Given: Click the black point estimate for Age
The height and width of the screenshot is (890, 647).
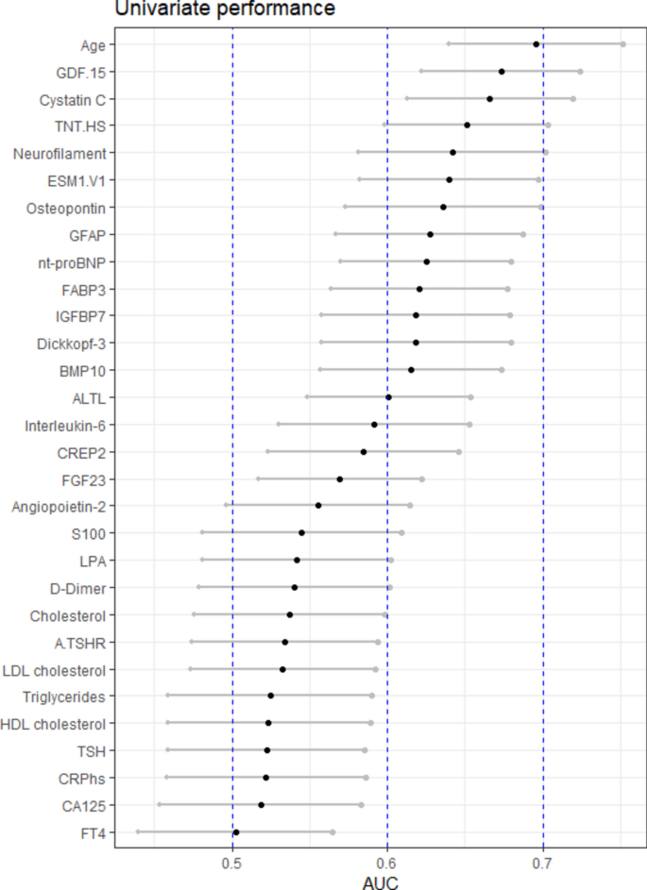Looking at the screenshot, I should (536, 44).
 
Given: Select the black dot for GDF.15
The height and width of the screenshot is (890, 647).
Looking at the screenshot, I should (502, 72).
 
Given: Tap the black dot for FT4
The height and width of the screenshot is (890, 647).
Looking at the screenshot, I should (236, 832).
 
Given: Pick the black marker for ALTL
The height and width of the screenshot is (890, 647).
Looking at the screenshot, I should (388, 397).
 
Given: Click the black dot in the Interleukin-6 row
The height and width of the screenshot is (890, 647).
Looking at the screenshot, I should (374, 425).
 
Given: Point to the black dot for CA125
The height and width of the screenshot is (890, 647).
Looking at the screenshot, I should (262, 805).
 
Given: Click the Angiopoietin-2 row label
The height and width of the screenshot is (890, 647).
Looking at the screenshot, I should (59, 507).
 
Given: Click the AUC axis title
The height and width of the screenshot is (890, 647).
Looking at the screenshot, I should (380, 882).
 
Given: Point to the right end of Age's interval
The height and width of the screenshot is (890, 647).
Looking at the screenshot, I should (622, 44).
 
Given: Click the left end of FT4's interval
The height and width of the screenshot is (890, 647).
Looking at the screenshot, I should (138, 832).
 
